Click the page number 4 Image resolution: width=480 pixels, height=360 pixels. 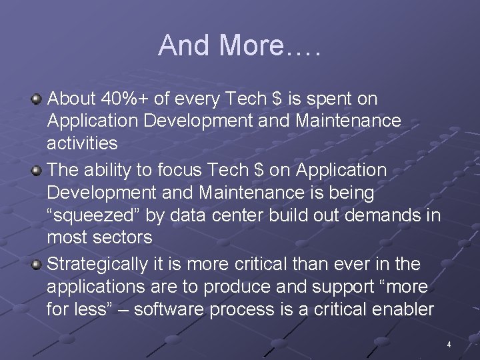pos(449,345)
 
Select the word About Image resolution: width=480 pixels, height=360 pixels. pos(73,99)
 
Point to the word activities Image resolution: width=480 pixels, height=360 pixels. pos(82,143)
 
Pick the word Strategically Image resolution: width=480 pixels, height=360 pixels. pos(97,264)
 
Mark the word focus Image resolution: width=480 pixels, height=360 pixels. pos(181,170)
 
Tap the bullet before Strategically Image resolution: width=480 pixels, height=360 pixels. pos(37,265)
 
